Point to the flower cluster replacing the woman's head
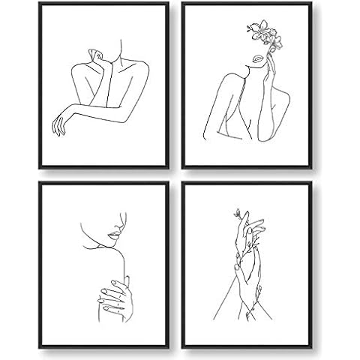[262, 34]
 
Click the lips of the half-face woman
[114, 234]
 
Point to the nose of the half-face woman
[118, 223]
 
